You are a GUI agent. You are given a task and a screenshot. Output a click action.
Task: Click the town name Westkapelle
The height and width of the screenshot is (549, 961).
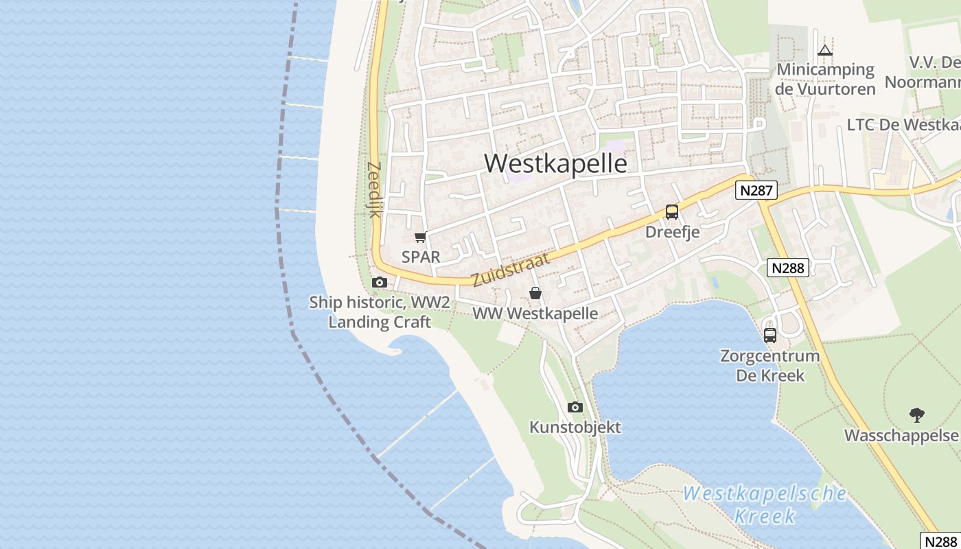555,163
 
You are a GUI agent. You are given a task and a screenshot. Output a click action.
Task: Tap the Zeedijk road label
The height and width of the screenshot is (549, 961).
375,189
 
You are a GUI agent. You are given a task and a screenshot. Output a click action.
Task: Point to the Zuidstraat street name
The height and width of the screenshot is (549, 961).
511,269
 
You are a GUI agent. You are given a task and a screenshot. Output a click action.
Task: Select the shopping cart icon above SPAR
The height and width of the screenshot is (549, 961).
420,237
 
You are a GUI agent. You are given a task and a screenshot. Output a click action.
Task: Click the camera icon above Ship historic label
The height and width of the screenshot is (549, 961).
379,282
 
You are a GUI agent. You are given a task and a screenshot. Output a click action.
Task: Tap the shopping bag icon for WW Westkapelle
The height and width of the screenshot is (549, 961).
535,293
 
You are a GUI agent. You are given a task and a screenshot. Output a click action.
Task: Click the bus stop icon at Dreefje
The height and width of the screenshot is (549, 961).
672,212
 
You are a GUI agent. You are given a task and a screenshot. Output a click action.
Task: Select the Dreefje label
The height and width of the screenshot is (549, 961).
672,232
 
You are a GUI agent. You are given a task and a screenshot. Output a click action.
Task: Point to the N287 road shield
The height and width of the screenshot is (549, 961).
756,190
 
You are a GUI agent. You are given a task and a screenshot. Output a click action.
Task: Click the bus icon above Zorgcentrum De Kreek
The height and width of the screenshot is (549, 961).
770,336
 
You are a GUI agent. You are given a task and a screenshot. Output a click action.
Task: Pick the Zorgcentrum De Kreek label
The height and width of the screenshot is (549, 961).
769,366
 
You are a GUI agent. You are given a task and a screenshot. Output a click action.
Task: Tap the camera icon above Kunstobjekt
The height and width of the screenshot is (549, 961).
575,407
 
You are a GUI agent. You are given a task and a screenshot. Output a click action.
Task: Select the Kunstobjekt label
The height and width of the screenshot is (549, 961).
575,427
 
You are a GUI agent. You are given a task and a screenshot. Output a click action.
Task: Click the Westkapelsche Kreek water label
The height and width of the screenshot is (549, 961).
765,504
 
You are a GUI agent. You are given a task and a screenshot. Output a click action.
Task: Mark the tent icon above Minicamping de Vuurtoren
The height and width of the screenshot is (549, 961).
825,50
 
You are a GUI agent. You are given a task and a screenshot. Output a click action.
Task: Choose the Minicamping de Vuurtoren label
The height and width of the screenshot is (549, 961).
826,79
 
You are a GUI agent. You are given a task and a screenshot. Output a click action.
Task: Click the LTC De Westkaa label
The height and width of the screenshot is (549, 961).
903,125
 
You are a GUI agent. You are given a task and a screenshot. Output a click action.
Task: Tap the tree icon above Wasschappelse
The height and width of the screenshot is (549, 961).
916,414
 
